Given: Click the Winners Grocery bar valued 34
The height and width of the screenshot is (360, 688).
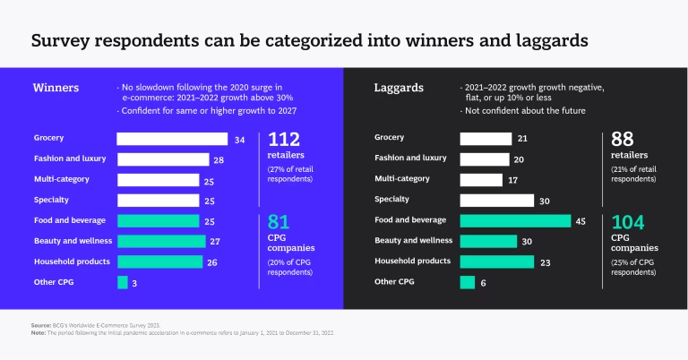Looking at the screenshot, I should (x=172, y=139).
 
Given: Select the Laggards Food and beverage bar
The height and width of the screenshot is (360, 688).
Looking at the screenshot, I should (x=515, y=220).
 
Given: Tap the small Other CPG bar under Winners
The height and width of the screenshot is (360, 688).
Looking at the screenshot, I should (x=123, y=282).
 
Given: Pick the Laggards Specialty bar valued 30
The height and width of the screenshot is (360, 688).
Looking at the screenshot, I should (x=497, y=200).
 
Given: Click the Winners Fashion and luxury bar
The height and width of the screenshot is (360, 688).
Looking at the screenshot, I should (x=162, y=159).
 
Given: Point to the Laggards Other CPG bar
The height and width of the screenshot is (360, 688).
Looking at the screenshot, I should (x=467, y=282).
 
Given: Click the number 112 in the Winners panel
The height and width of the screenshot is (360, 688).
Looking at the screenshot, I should (x=284, y=139).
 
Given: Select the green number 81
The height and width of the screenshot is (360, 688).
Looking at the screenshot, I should (x=279, y=221).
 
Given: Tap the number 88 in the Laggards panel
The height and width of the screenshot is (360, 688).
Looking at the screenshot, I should (x=623, y=139).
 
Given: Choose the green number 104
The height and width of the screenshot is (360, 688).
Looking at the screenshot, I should (x=629, y=222).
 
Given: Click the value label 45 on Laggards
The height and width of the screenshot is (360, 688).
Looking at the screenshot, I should (x=580, y=220).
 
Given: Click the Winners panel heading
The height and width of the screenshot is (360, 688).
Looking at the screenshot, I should (x=56, y=88).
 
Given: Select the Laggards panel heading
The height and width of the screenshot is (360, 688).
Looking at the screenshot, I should (x=399, y=88).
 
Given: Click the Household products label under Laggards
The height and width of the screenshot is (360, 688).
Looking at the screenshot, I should (x=412, y=261).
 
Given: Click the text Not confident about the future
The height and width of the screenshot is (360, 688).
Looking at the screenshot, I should (x=525, y=110).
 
